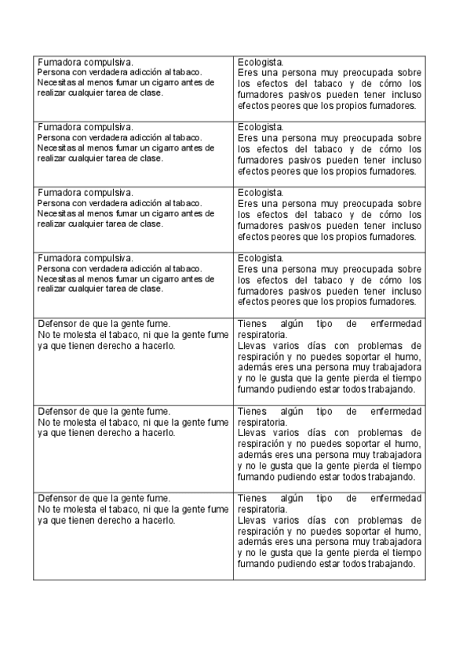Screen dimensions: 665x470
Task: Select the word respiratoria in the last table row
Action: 262,508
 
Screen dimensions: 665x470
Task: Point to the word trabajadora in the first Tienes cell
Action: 392,367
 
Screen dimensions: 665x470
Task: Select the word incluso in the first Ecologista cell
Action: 403,94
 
